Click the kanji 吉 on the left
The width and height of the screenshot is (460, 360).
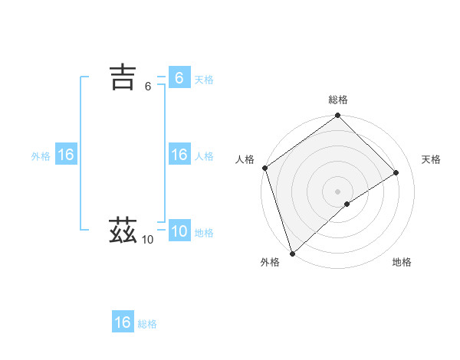click(x=123, y=77)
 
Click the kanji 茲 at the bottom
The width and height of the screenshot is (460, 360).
click(x=123, y=231)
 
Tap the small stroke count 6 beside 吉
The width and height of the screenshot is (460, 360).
click(x=148, y=87)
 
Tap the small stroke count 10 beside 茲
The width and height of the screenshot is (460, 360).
click(x=147, y=240)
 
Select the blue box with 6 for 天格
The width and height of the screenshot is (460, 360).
click(x=179, y=78)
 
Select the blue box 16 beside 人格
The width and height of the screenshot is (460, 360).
click(x=179, y=155)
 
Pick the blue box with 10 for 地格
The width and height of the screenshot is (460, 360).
click(x=179, y=231)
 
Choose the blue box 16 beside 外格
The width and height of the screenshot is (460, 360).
click(x=66, y=155)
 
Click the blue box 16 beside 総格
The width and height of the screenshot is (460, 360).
click(x=123, y=322)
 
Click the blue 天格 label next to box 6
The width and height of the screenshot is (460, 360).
click(x=204, y=80)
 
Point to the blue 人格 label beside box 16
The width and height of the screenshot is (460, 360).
click(x=204, y=156)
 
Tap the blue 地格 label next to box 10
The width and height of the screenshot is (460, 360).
click(x=204, y=233)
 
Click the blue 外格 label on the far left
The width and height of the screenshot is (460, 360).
click(x=41, y=156)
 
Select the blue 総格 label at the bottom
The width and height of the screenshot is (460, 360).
click(x=147, y=324)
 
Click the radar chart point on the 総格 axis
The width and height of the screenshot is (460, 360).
click(x=338, y=116)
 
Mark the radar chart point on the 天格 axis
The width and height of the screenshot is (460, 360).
click(x=396, y=172)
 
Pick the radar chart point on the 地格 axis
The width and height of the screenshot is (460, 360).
click(x=347, y=204)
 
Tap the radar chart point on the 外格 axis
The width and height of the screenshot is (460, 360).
click(x=292, y=253)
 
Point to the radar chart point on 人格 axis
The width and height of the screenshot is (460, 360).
click(x=264, y=168)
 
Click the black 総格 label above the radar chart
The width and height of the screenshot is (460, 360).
click(x=338, y=100)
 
